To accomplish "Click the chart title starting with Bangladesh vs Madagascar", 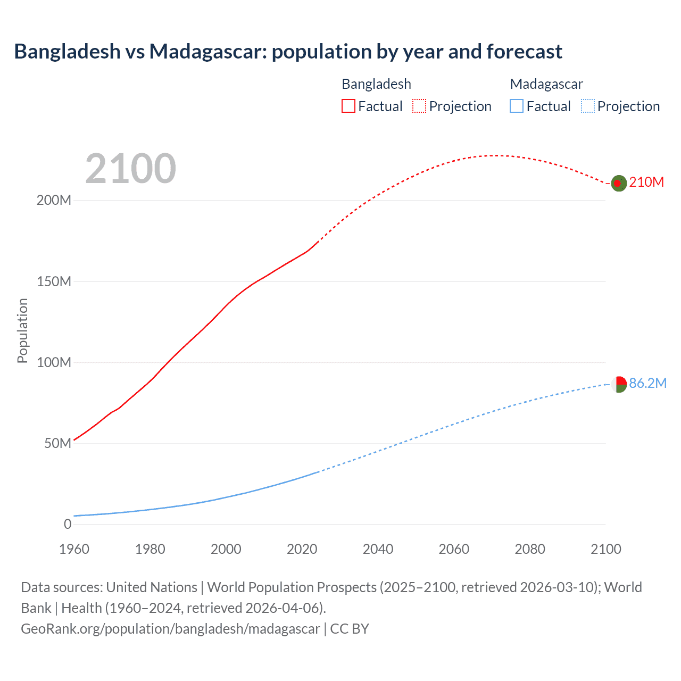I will click(288, 52).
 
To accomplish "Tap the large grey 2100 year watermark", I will click(130, 169).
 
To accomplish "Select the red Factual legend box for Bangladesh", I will click(348, 106).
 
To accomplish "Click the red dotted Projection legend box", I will click(419, 106).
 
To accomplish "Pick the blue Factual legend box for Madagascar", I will click(517, 106).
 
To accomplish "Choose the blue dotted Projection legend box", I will click(588, 106).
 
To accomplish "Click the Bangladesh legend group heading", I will click(376, 84).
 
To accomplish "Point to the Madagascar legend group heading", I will click(546, 84).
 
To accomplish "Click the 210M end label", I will click(646, 182).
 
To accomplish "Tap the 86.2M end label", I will click(647, 384).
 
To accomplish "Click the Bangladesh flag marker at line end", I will click(618, 183).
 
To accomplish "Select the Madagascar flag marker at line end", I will click(619, 384).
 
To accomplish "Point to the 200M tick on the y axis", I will click(54, 201).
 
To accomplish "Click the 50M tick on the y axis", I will click(57, 444).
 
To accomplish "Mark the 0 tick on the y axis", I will click(68, 525).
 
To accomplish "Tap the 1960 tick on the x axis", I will click(74, 549).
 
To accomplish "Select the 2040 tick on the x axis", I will click(378, 549).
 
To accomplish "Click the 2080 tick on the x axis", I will click(530, 549).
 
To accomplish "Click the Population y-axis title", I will click(22, 330).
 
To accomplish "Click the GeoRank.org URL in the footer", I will click(170, 629).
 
